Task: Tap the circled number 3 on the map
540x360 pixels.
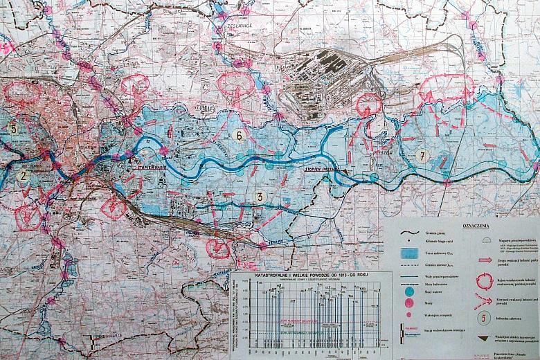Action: (259, 197)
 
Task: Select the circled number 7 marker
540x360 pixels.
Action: (422, 156)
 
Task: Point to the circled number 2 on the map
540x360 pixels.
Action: (24, 176)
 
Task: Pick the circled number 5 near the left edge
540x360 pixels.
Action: (13, 128)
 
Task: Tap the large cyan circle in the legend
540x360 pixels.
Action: (408, 294)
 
